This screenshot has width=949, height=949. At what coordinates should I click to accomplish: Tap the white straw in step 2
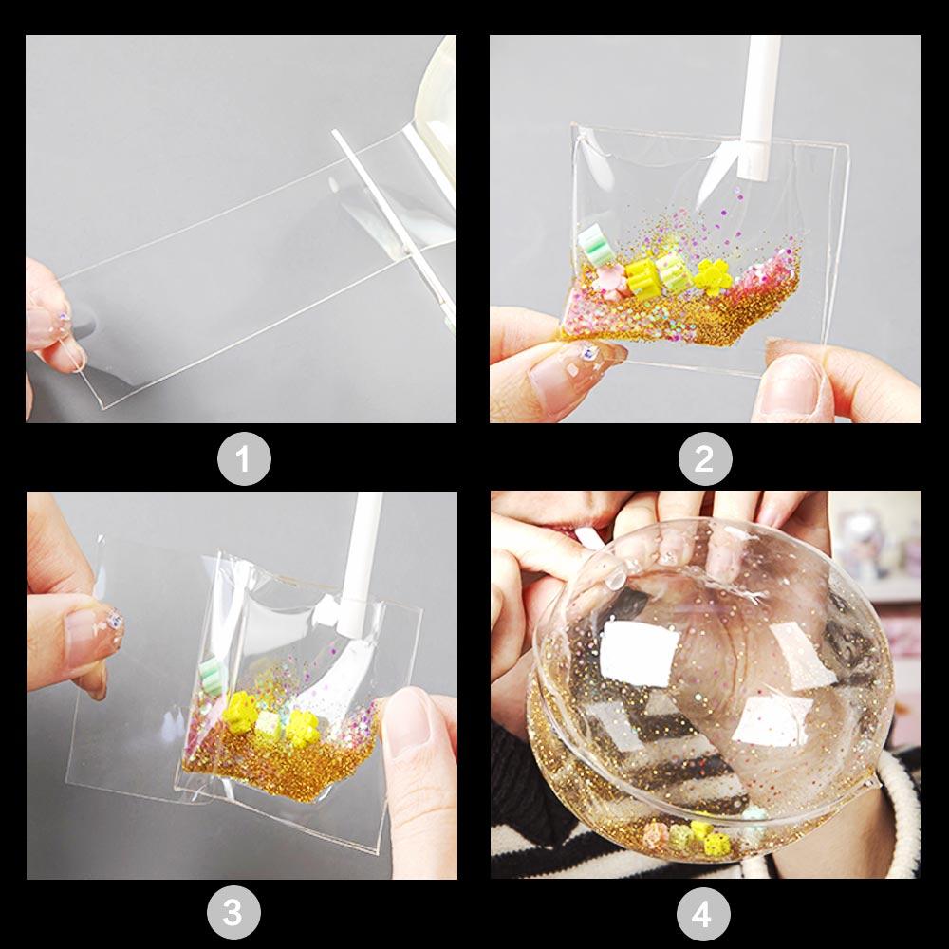(x=765, y=104)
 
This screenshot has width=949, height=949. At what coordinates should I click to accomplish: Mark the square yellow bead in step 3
(x=270, y=724)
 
